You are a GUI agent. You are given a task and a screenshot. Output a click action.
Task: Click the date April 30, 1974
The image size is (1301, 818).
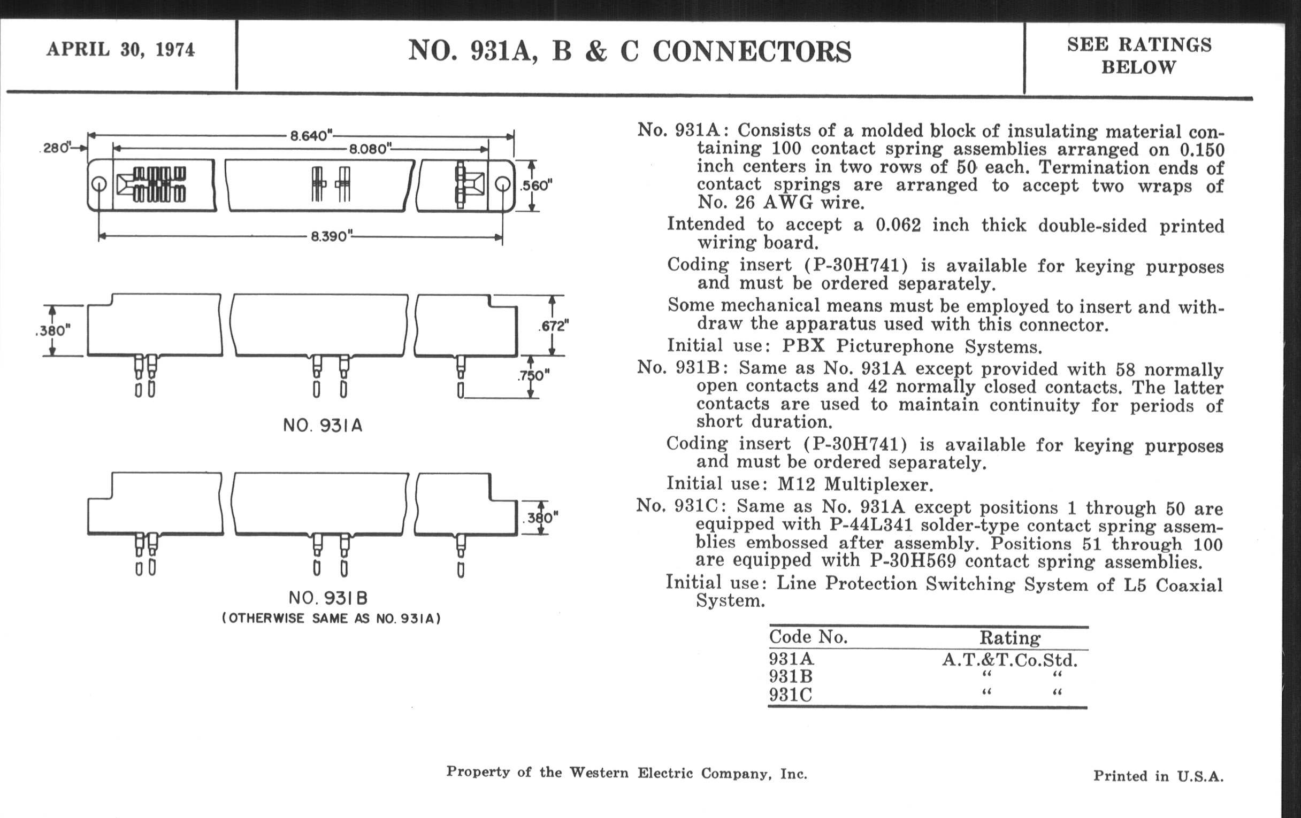120,50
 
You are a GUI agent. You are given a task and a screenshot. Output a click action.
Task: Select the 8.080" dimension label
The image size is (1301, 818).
370,149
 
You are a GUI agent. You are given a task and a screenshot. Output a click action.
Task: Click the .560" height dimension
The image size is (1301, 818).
535,186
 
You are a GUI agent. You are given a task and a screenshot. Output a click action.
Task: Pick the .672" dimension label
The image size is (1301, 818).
553,326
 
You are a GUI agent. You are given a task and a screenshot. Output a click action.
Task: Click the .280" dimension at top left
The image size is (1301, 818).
56,148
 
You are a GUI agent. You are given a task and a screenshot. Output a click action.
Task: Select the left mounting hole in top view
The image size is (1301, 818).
99,184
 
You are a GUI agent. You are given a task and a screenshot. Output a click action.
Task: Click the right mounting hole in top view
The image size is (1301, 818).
502,184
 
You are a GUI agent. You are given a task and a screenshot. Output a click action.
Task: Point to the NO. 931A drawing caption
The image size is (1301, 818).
323,426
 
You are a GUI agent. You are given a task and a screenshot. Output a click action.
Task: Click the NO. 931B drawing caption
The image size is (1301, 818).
328,598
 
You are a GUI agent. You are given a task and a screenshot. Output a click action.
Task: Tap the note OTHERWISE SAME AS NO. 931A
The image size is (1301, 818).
331,619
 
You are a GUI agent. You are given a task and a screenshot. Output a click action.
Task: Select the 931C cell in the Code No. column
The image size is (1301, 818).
791,695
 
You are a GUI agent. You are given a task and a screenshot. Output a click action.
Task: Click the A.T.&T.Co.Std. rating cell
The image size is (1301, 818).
1009,660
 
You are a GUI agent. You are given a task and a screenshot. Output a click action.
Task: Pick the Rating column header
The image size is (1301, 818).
1010,638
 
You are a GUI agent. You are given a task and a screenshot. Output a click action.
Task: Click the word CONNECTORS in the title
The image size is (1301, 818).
752,52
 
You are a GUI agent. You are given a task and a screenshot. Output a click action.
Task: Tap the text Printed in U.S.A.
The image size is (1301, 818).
1158,776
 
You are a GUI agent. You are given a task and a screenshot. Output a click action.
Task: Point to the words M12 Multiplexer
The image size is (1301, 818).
855,484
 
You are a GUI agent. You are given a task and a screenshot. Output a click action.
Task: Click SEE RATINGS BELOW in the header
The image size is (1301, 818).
1139,56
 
